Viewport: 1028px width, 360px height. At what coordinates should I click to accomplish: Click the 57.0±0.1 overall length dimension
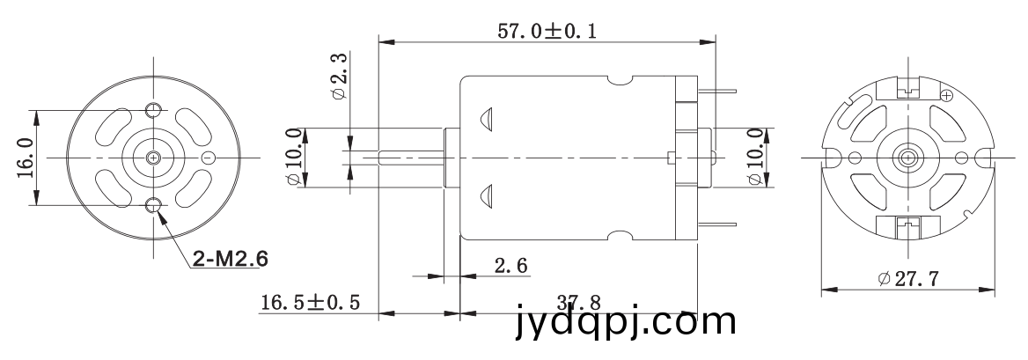547,31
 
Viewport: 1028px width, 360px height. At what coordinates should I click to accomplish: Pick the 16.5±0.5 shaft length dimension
310,302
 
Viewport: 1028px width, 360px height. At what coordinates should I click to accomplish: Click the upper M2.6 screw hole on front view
154,109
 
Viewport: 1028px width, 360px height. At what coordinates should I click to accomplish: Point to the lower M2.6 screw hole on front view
154,206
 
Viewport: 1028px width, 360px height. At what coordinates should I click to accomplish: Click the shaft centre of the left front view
154,158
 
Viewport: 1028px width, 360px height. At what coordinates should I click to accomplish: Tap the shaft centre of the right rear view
907,158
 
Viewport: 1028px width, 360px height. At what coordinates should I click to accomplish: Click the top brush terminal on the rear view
907,89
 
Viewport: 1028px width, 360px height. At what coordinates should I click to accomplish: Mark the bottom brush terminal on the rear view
907,225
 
